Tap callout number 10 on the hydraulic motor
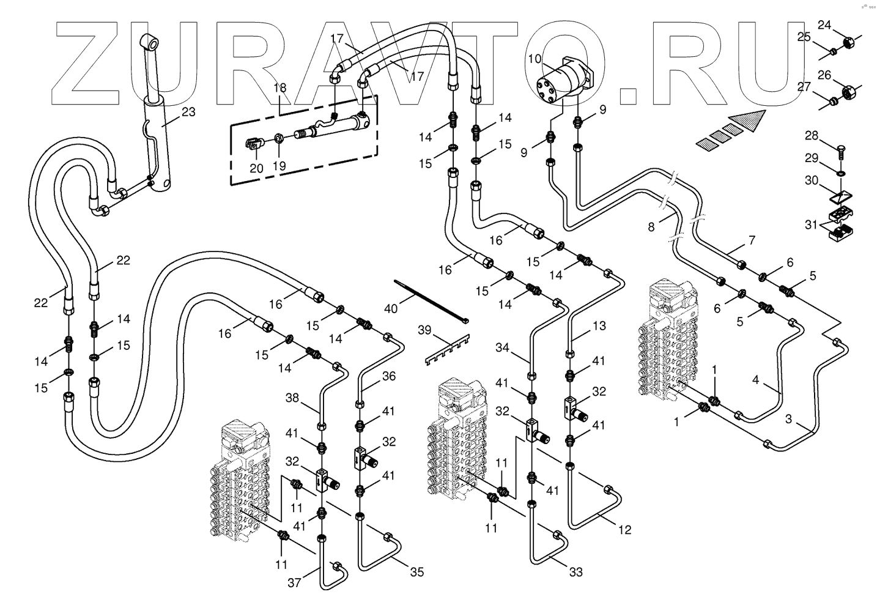pos(535,59)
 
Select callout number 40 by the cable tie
pos(391,308)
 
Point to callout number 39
pos(424,330)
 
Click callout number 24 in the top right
pos(825,25)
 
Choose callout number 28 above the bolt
pos(811,135)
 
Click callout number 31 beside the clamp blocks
pos(812,225)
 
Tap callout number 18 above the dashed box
pos(279,88)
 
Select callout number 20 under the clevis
pos(256,168)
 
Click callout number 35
pos(416,572)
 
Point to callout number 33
pos(575,572)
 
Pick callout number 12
pos(624,530)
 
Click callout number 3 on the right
pos(790,420)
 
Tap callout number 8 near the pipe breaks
pos(651,227)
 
